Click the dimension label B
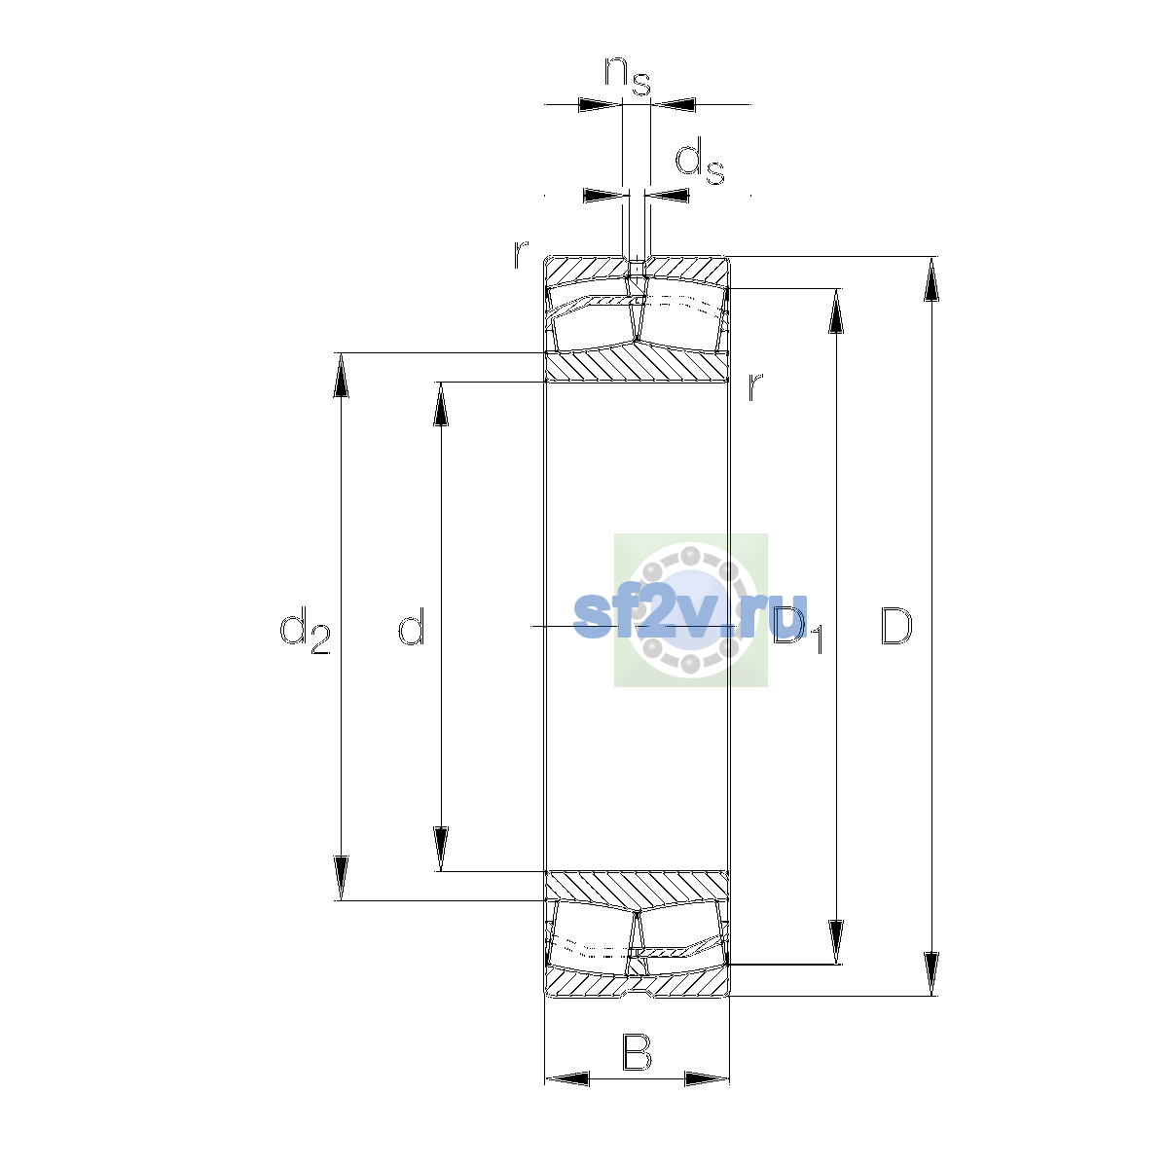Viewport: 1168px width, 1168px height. coord(637,1053)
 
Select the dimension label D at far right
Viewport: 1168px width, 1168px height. coord(895,626)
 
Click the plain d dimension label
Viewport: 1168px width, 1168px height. coord(412,626)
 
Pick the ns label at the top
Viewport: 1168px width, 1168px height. coord(628,76)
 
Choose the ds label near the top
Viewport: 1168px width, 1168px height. coord(700,162)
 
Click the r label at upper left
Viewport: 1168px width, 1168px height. coord(520,255)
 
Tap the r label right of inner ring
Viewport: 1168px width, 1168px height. coord(754,386)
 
